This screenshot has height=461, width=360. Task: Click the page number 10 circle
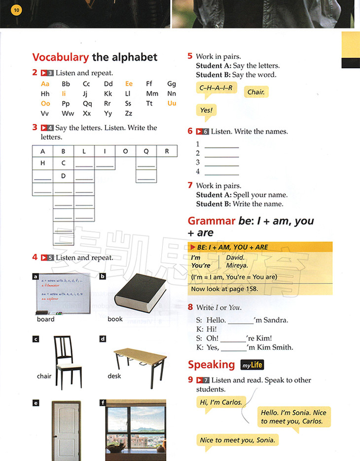pos(16,10)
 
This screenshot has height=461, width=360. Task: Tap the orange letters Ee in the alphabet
pos(129,84)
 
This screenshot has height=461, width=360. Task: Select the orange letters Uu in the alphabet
pos(172,104)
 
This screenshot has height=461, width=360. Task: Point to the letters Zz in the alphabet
pos(129,114)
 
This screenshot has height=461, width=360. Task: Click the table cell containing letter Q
pos(146,152)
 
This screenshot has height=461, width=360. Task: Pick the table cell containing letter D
pos(63,176)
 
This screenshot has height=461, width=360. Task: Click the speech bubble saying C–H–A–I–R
pos(216,88)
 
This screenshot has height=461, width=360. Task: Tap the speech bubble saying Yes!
pos(206,111)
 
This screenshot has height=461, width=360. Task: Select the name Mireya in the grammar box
pos(237,265)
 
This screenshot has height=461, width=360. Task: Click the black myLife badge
pos(252,365)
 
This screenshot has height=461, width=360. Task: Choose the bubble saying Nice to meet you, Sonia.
pos(237,440)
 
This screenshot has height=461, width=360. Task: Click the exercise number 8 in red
pos(190,307)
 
